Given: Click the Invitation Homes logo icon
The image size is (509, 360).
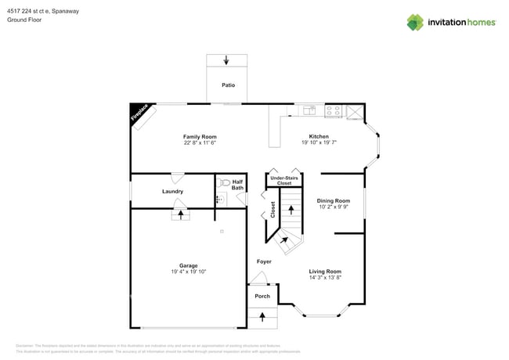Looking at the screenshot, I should click(415, 22).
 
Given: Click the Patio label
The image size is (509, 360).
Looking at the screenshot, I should click(228, 85).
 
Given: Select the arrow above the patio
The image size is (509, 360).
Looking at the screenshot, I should click(227, 60).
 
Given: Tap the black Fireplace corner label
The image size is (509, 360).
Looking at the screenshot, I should click(139, 113).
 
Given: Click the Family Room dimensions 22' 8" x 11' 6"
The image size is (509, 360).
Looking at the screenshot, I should click(200, 143).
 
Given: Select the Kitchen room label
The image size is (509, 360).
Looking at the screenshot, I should click(319, 136).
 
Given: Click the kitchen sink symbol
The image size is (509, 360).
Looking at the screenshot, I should click(309, 110).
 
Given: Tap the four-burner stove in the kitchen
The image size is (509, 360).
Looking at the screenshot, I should click(334, 111).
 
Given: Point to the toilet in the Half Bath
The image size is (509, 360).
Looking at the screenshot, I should click(225, 182).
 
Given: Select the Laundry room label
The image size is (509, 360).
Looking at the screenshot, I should click(172, 191).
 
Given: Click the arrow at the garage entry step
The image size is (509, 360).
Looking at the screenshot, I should click(182, 214).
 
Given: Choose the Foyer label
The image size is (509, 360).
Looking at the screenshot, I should click(264, 261).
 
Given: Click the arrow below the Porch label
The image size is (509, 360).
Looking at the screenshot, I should click(262, 315).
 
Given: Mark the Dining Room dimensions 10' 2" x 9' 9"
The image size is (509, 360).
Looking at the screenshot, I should click(334, 207).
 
